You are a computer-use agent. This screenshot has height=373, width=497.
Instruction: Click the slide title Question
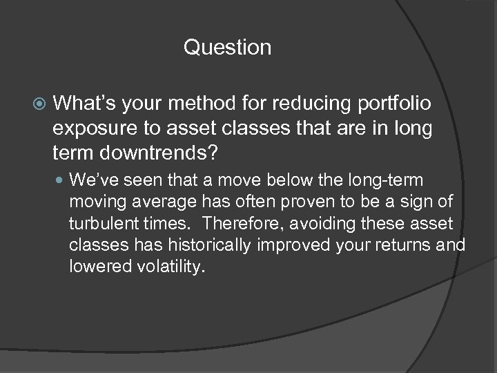coord(227,48)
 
